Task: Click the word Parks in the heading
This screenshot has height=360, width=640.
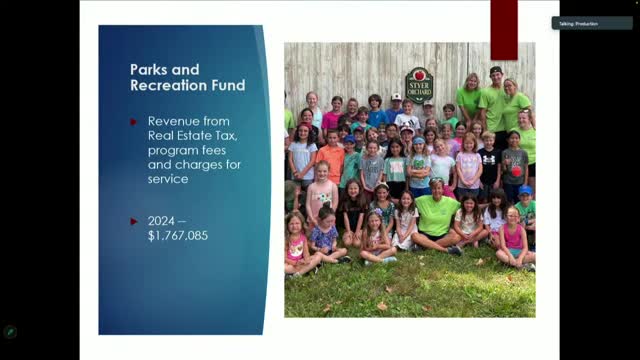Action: point(151,70)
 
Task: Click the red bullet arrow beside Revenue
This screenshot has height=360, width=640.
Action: point(135,121)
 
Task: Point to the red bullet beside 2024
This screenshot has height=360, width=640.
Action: point(135,220)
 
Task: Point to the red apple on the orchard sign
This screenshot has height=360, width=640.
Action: point(419,74)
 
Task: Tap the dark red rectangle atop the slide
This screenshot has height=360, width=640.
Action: point(504,28)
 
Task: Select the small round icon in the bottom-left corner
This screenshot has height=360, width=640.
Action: point(10,332)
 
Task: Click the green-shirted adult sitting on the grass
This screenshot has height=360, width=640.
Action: point(437,218)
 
